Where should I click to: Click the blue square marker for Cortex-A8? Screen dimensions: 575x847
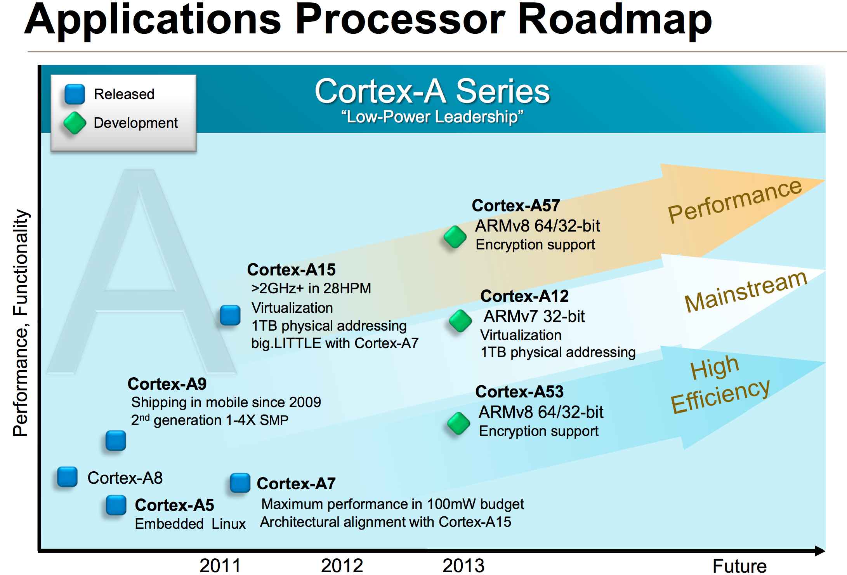(x=67, y=476)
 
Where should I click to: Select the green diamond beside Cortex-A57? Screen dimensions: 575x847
(x=455, y=237)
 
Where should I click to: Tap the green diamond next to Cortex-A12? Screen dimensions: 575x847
(x=460, y=321)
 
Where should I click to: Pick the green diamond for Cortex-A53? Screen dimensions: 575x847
(x=458, y=423)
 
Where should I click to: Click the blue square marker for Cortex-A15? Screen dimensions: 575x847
(x=230, y=315)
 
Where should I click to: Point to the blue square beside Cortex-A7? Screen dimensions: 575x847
(x=240, y=483)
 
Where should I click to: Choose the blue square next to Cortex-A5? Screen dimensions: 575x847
(x=116, y=505)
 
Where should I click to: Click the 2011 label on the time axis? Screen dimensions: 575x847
(x=220, y=565)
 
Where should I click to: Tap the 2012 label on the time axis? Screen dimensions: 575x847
(x=342, y=565)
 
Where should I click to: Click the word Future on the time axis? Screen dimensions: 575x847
(x=739, y=566)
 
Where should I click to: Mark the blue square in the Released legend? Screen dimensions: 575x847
(x=75, y=94)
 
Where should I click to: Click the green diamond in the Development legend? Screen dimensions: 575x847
(x=75, y=123)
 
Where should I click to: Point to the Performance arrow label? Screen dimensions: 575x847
(x=734, y=201)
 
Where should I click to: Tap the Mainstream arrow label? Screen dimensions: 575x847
(x=745, y=291)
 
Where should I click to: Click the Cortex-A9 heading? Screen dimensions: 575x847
(x=167, y=384)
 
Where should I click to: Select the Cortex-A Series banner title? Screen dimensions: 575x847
(x=432, y=91)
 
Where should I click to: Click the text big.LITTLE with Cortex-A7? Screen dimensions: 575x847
(x=335, y=343)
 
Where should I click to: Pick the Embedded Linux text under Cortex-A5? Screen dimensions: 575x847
(x=190, y=524)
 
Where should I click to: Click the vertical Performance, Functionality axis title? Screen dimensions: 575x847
(x=21, y=322)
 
